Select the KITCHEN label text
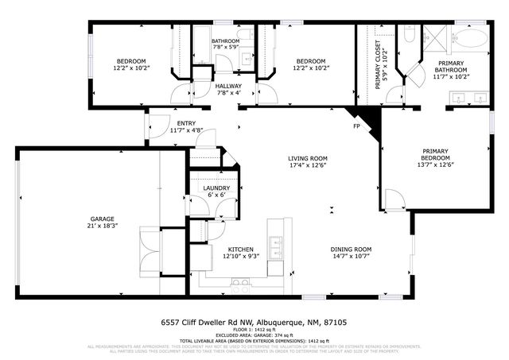(240, 249)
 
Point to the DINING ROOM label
(351, 249)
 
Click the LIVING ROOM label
(307, 158)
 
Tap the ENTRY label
(187, 123)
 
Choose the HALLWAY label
(228, 86)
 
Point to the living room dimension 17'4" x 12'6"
(307, 166)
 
